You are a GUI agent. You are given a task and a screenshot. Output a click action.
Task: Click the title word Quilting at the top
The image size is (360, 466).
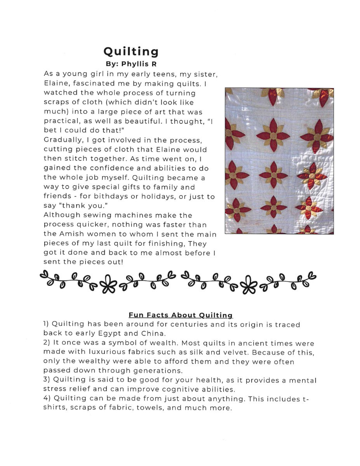(x=131, y=52)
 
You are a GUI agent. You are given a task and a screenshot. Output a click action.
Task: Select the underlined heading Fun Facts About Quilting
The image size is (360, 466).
(x=181, y=315)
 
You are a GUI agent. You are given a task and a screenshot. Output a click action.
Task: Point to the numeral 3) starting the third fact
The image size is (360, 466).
(x=47, y=380)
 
